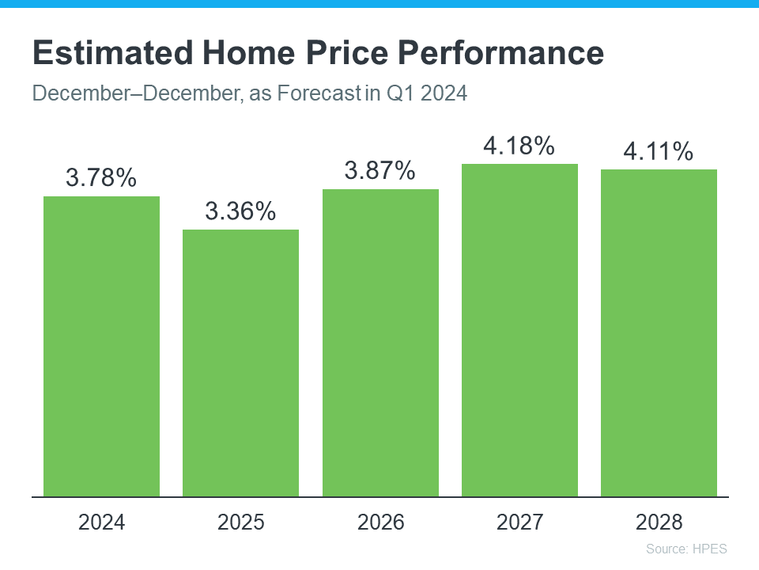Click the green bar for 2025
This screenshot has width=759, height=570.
[240, 363]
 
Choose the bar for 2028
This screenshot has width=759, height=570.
[659, 333]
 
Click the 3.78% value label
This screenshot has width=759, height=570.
[101, 178]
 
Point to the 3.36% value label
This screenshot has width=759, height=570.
[240, 211]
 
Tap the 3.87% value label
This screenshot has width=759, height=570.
[380, 171]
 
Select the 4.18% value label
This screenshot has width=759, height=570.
[519, 146]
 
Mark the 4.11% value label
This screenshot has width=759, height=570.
[659, 151]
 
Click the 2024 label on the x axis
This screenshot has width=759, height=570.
[101, 522]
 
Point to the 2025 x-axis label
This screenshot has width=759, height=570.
[240, 522]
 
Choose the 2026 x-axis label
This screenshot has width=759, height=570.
[380, 522]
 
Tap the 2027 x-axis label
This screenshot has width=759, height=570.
[519, 522]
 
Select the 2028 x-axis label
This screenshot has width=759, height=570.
[659, 522]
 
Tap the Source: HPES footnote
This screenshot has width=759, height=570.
[685, 549]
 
